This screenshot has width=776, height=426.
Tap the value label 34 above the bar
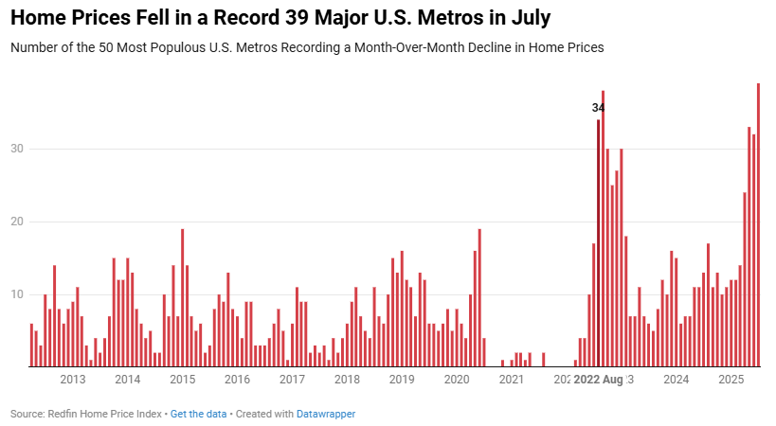click(x=598, y=108)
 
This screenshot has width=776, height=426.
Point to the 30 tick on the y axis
click(x=16, y=149)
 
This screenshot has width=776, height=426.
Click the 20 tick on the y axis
click(x=16, y=222)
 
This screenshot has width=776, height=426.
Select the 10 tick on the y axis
click(x=16, y=294)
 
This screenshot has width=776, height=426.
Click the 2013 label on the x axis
click(x=73, y=380)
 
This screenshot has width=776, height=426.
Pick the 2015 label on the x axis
click(x=183, y=380)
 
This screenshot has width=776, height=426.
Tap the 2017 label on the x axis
click(x=292, y=380)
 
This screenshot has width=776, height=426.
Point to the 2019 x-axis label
click(x=402, y=380)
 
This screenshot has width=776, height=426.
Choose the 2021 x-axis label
click(x=512, y=380)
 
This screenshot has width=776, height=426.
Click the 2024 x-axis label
click(x=677, y=380)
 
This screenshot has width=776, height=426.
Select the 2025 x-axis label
click(x=731, y=380)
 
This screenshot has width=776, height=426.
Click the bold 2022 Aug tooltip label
click(x=599, y=380)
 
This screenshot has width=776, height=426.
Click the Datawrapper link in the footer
click(x=326, y=414)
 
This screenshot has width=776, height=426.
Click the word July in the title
click(x=527, y=18)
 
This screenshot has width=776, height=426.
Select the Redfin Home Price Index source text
click(x=106, y=414)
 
